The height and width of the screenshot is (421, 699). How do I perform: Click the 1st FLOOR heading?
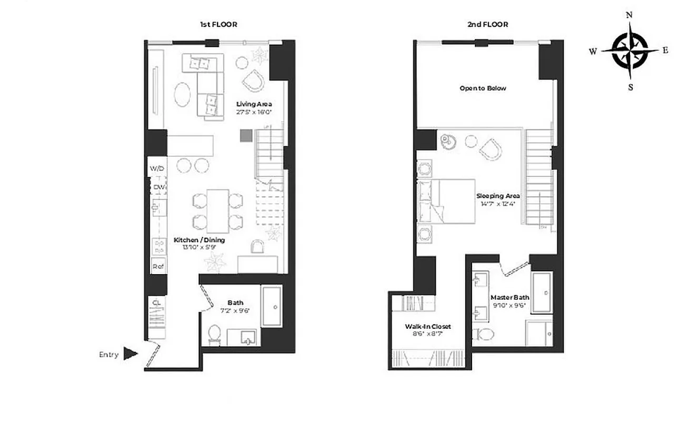218,25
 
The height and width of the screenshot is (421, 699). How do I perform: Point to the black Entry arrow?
130,354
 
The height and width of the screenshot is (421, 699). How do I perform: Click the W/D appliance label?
157,168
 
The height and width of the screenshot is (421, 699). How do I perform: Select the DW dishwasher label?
159,187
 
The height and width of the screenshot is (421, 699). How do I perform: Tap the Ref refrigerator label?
158,266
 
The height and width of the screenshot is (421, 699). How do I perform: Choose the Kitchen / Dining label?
199,240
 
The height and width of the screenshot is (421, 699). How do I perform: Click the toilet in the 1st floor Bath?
214,334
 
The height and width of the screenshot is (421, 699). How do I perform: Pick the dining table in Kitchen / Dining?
217,210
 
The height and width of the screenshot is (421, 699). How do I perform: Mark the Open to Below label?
483,88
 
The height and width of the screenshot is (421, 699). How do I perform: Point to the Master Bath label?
510,297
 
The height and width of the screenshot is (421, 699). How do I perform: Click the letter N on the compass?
629,15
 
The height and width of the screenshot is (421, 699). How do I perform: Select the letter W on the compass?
593,52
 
